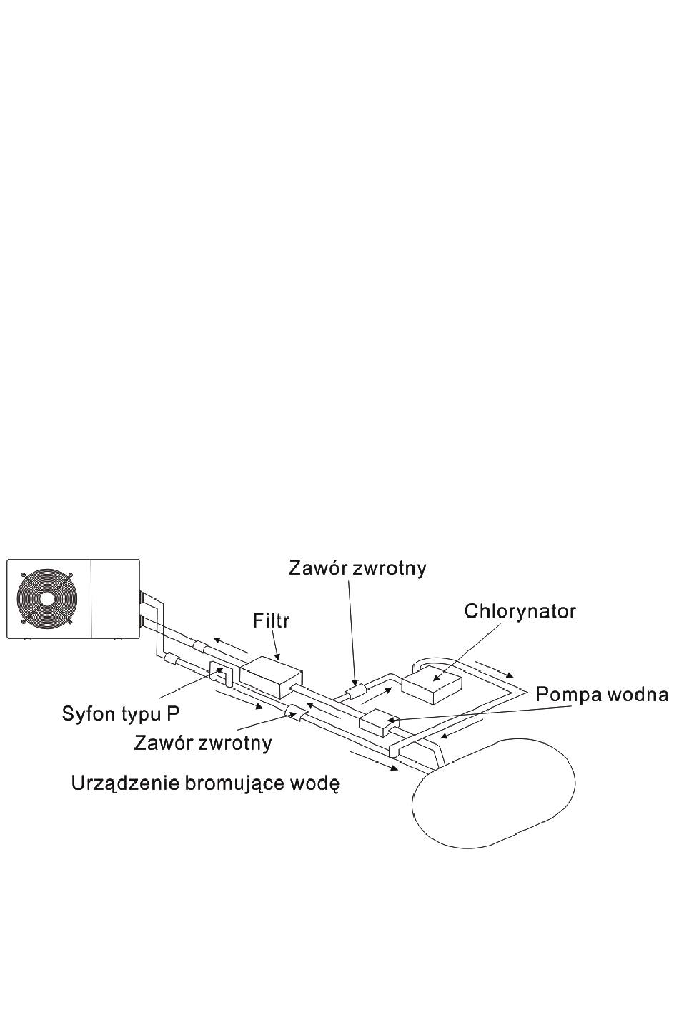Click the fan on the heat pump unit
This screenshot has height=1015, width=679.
[46, 599]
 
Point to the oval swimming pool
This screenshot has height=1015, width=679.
[495, 793]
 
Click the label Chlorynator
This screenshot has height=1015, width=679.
[520, 612]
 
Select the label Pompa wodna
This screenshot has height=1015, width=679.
[602, 695]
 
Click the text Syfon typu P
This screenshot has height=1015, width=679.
[121, 715]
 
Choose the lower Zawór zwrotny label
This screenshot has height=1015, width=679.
[203, 743]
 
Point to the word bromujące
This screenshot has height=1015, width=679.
[227, 784]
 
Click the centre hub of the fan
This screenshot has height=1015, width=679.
[46, 599]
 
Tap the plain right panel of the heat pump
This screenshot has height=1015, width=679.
[116, 598]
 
